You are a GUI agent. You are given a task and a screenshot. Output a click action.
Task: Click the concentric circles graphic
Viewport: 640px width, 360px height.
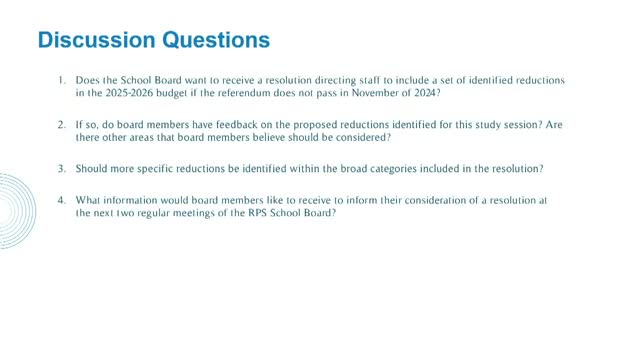click(x=12, y=210)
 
